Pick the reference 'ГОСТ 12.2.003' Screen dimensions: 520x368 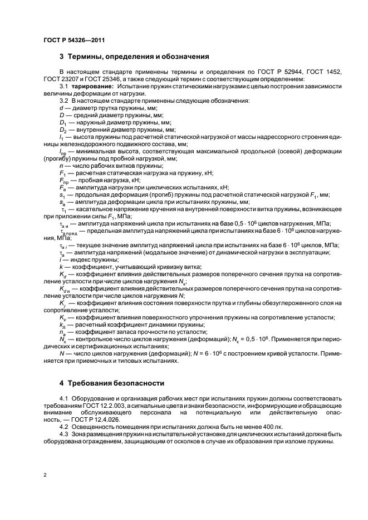(119, 406)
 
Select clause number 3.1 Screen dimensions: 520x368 (63, 86)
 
